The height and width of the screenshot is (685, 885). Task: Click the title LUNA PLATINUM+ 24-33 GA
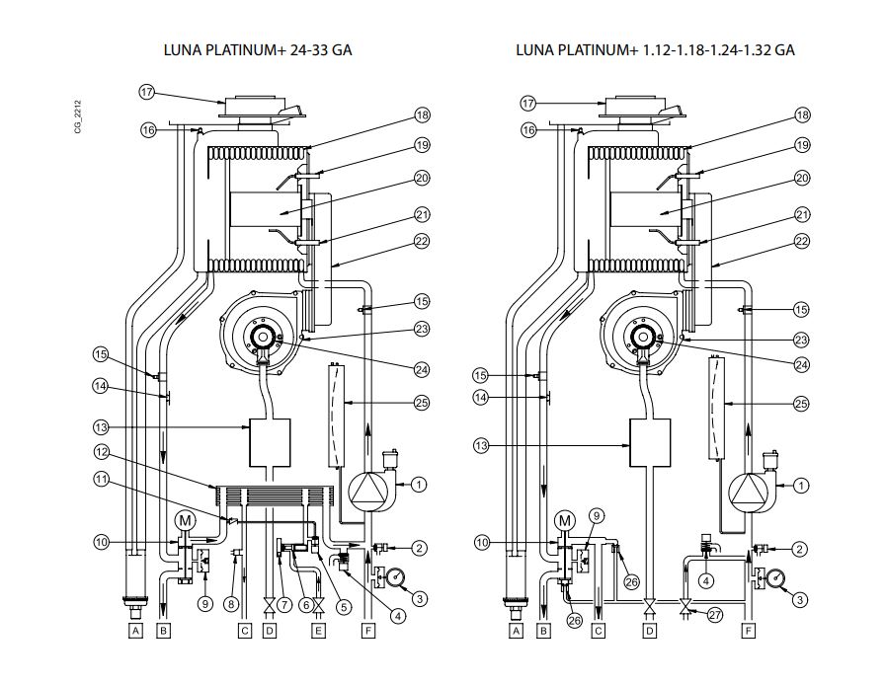pos(263,50)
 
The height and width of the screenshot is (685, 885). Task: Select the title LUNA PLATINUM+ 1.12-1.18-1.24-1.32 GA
pos(655,50)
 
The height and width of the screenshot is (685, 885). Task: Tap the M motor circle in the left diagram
pos(184,519)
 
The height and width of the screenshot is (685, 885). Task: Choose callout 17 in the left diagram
pos(147,92)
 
